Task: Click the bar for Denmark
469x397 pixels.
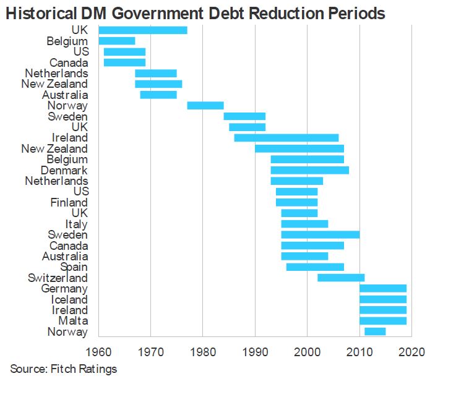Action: pos(309,170)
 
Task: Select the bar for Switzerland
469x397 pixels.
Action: pos(340,278)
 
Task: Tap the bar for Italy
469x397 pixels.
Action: pos(304,224)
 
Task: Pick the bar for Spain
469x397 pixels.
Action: pos(315,267)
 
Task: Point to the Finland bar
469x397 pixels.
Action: pos(296,202)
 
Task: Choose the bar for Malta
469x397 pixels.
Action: pos(382,320)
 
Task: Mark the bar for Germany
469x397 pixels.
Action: pos(382,288)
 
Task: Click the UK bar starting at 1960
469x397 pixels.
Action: pos(143,30)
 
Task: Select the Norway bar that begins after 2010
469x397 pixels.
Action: pos(375,331)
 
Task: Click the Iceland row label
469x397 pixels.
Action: pos(69,299)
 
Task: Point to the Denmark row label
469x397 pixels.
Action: pos(64,170)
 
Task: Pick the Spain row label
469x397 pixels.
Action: pos(74,267)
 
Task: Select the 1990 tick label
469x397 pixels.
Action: pos(255,352)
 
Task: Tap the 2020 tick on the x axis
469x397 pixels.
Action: pos(411,352)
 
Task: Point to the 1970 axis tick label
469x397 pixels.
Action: pos(151,352)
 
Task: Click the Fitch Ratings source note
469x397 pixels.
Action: pos(63,370)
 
